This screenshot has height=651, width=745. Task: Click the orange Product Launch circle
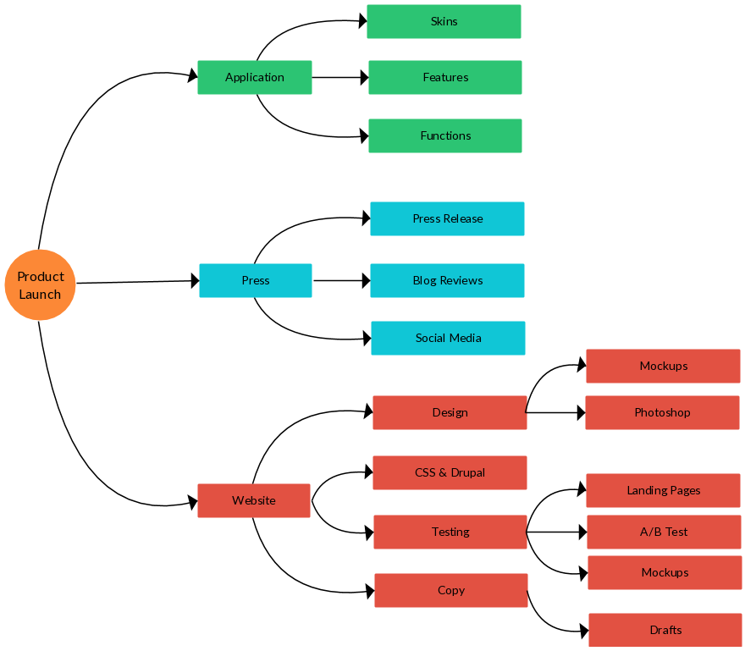(40, 285)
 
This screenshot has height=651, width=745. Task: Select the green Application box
(255, 77)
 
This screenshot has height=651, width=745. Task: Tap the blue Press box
(256, 280)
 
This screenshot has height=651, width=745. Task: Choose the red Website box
(254, 500)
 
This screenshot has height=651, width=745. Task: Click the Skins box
(444, 21)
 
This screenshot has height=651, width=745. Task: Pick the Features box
(445, 77)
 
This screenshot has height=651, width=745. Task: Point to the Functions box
(445, 135)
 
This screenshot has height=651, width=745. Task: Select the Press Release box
(447, 218)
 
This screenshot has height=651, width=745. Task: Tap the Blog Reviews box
(447, 280)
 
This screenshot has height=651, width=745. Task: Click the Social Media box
(448, 338)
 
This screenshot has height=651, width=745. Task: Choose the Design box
(450, 412)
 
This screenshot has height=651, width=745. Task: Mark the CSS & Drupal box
(450, 472)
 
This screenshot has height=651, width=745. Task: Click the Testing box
(450, 532)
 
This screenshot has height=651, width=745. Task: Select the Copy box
(451, 590)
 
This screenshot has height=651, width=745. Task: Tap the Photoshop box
(662, 412)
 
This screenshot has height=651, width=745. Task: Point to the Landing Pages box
(663, 490)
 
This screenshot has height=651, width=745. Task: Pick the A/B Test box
(664, 532)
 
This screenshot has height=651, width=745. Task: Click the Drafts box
(665, 630)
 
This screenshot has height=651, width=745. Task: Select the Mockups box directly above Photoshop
(663, 366)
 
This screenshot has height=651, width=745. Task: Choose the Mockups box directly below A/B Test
(665, 572)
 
